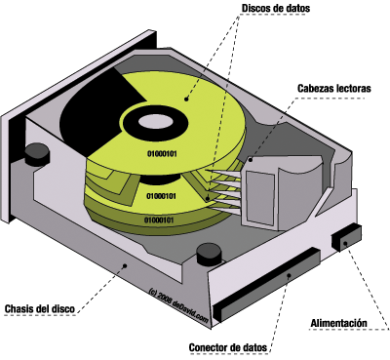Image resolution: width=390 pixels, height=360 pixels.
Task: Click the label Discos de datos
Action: click(276, 8)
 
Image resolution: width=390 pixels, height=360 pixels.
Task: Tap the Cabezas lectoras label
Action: click(334, 88)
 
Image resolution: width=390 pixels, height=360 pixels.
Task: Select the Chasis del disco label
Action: click(40, 308)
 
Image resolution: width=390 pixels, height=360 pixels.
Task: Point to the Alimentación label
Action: click(338, 323)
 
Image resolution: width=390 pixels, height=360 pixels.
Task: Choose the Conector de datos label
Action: click(228, 347)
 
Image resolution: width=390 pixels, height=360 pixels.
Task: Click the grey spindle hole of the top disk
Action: click(153, 122)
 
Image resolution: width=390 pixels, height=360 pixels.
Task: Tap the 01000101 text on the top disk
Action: click(162, 153)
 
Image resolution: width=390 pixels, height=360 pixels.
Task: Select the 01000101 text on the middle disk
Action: click(162, 196)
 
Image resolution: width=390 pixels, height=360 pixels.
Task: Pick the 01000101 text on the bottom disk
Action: click(159, 220)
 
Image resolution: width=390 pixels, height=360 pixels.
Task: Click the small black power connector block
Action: click(346, 238)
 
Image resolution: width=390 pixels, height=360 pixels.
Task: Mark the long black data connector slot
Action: click(266, 285)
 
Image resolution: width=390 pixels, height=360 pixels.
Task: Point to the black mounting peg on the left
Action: click(37, 154)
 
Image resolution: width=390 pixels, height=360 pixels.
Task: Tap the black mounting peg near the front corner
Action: click(210, 255)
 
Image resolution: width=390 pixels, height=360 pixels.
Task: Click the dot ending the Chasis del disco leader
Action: click(124, 265)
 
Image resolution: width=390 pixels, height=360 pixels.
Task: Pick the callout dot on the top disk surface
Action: click(186, 99)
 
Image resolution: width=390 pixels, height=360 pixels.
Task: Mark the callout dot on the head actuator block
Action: click(251, 160)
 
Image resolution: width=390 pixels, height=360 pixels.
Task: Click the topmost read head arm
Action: click(224, 174)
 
